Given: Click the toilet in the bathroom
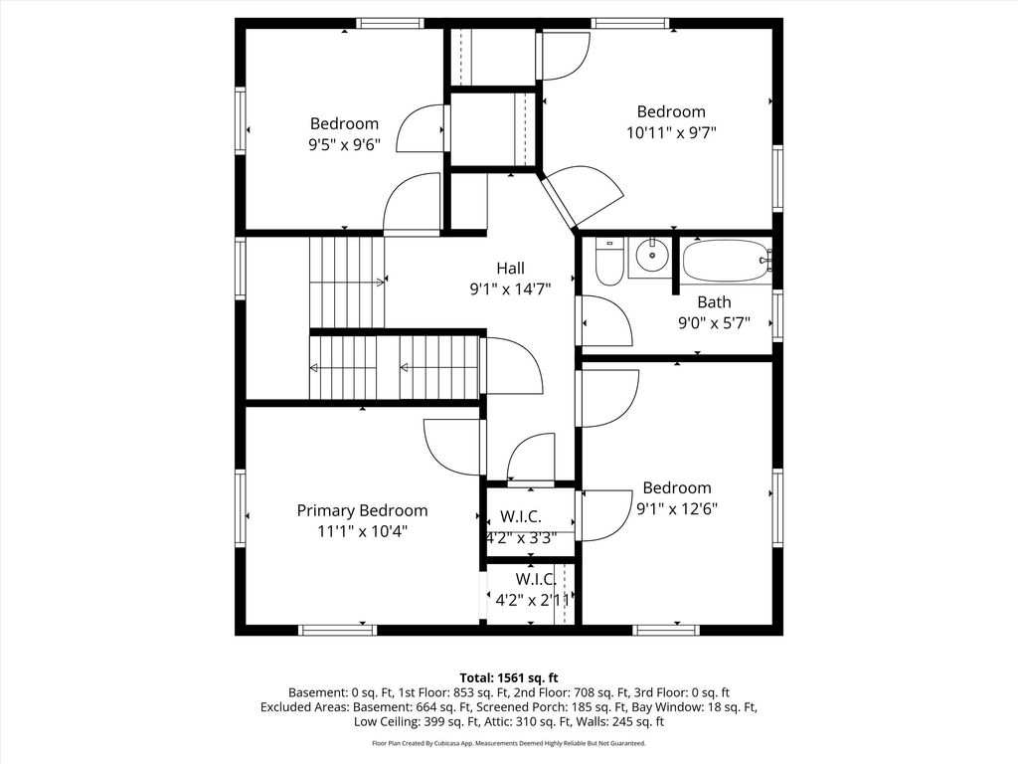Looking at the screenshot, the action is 609,263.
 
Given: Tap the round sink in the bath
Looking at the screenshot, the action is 652,256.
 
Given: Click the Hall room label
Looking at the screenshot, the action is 510,268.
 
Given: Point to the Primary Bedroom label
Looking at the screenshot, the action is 362,510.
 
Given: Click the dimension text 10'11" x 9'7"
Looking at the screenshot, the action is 671,133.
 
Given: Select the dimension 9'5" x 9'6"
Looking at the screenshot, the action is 344,144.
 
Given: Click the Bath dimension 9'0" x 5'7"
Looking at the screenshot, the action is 714,323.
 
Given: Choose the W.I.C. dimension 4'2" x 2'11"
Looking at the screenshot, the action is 533,600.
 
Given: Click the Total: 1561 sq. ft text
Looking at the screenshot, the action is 509,678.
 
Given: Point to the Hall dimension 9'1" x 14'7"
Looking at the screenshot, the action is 510,288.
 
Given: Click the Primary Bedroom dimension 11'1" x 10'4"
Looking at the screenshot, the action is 362,531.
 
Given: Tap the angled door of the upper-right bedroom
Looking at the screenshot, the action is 559,200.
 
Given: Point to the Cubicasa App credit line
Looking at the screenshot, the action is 509,742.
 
